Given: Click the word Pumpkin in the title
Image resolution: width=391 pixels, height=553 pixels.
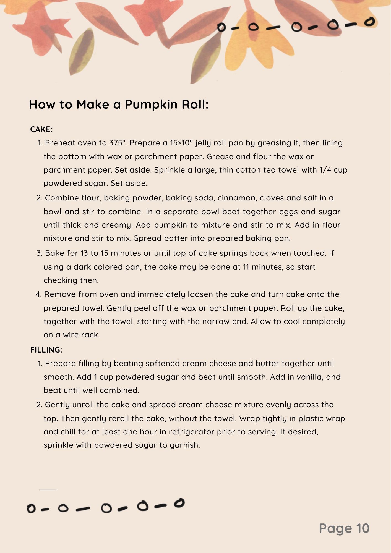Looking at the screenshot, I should point(151,105).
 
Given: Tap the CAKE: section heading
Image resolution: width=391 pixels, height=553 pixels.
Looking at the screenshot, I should point(41,129).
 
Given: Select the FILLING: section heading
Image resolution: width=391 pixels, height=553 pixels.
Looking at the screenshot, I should point(46,350).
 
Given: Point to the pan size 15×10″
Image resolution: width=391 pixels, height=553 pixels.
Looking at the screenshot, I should point(181,143).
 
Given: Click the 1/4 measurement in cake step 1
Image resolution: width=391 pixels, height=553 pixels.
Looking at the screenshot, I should point(325,170).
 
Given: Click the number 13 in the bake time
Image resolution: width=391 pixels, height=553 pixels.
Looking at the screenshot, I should point(84,253).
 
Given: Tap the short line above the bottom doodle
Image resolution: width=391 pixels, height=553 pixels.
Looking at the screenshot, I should point(48,490).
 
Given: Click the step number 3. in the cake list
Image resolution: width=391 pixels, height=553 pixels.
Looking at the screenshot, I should point(39,253).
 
